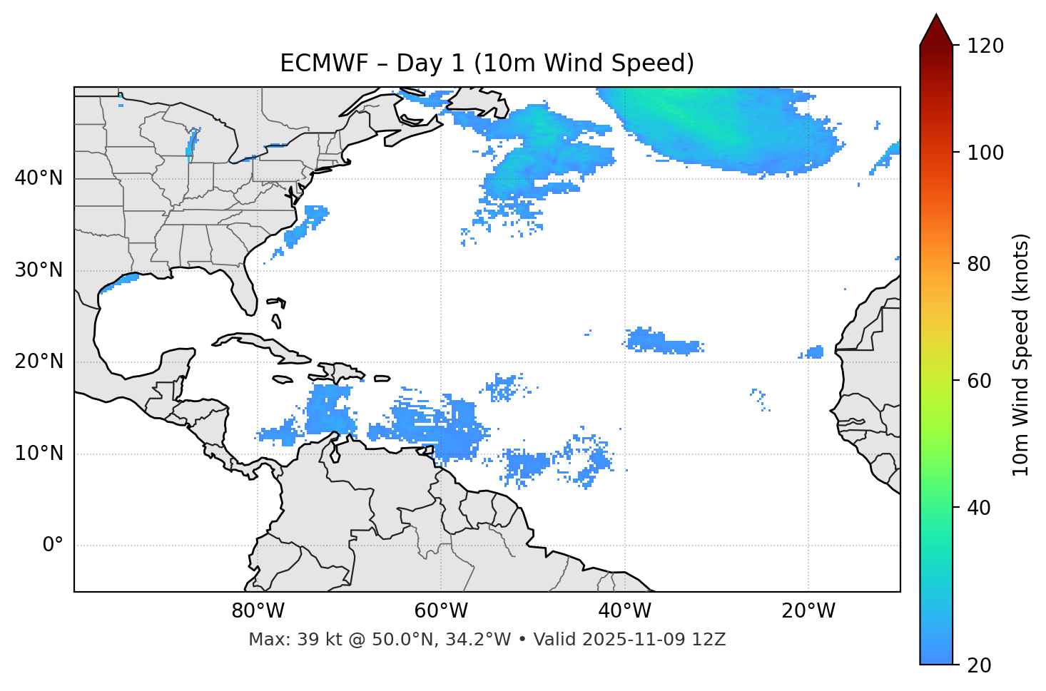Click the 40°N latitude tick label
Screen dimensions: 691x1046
coord(39,178)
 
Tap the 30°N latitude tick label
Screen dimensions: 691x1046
coord(39,270)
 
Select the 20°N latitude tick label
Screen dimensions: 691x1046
coord(39,362)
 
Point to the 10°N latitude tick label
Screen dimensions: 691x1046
coord(39,454)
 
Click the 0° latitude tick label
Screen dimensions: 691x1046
coord(53,546)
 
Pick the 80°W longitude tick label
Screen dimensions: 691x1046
coord(258,611)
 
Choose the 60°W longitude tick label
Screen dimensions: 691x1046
coord(441,611)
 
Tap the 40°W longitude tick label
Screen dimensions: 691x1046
coord(624,611)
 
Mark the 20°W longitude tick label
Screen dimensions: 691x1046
coord(808,611)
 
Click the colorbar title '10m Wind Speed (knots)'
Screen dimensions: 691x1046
coord(1021,354)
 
